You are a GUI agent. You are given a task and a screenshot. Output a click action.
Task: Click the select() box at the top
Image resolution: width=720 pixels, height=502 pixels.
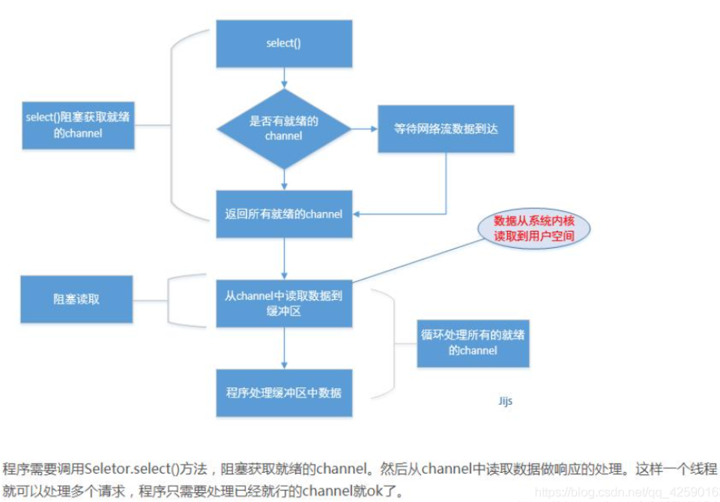(x=284, y=43)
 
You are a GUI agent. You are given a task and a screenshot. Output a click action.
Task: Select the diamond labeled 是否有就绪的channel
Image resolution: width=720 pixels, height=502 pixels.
(x=284, y=129)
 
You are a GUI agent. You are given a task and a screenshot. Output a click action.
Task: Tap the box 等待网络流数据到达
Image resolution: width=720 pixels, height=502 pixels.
(x=445, y=129)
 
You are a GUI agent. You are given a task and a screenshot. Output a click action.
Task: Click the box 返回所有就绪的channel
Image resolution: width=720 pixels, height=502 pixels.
(x=284, y=214)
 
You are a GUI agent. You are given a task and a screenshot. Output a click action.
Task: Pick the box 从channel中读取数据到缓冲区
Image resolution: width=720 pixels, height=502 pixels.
(x=284, y=303)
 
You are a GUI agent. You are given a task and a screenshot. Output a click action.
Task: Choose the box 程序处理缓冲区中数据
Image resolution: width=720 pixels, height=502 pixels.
(x=284, y=392)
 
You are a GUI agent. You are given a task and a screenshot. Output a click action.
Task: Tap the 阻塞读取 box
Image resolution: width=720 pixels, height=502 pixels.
(x=78, y=299)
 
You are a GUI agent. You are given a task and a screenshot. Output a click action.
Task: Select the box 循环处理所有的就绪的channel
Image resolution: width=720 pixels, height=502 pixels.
(x=473, y=342)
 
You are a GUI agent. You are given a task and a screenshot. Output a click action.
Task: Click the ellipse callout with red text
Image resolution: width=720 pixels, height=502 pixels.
(x=533, y=226)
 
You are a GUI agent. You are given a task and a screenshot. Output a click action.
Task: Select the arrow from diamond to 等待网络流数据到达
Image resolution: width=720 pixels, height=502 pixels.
(x=364, y=129)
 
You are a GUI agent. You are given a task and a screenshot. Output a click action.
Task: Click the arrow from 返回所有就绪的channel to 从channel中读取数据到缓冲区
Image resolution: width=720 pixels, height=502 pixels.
(x=284, y=258)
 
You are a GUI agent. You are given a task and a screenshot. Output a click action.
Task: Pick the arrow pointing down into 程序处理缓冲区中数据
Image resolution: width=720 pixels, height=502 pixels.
(x=284, y=348)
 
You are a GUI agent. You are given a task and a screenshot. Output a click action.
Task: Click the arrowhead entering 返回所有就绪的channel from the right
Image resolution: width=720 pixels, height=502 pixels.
(x=358, y=214)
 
